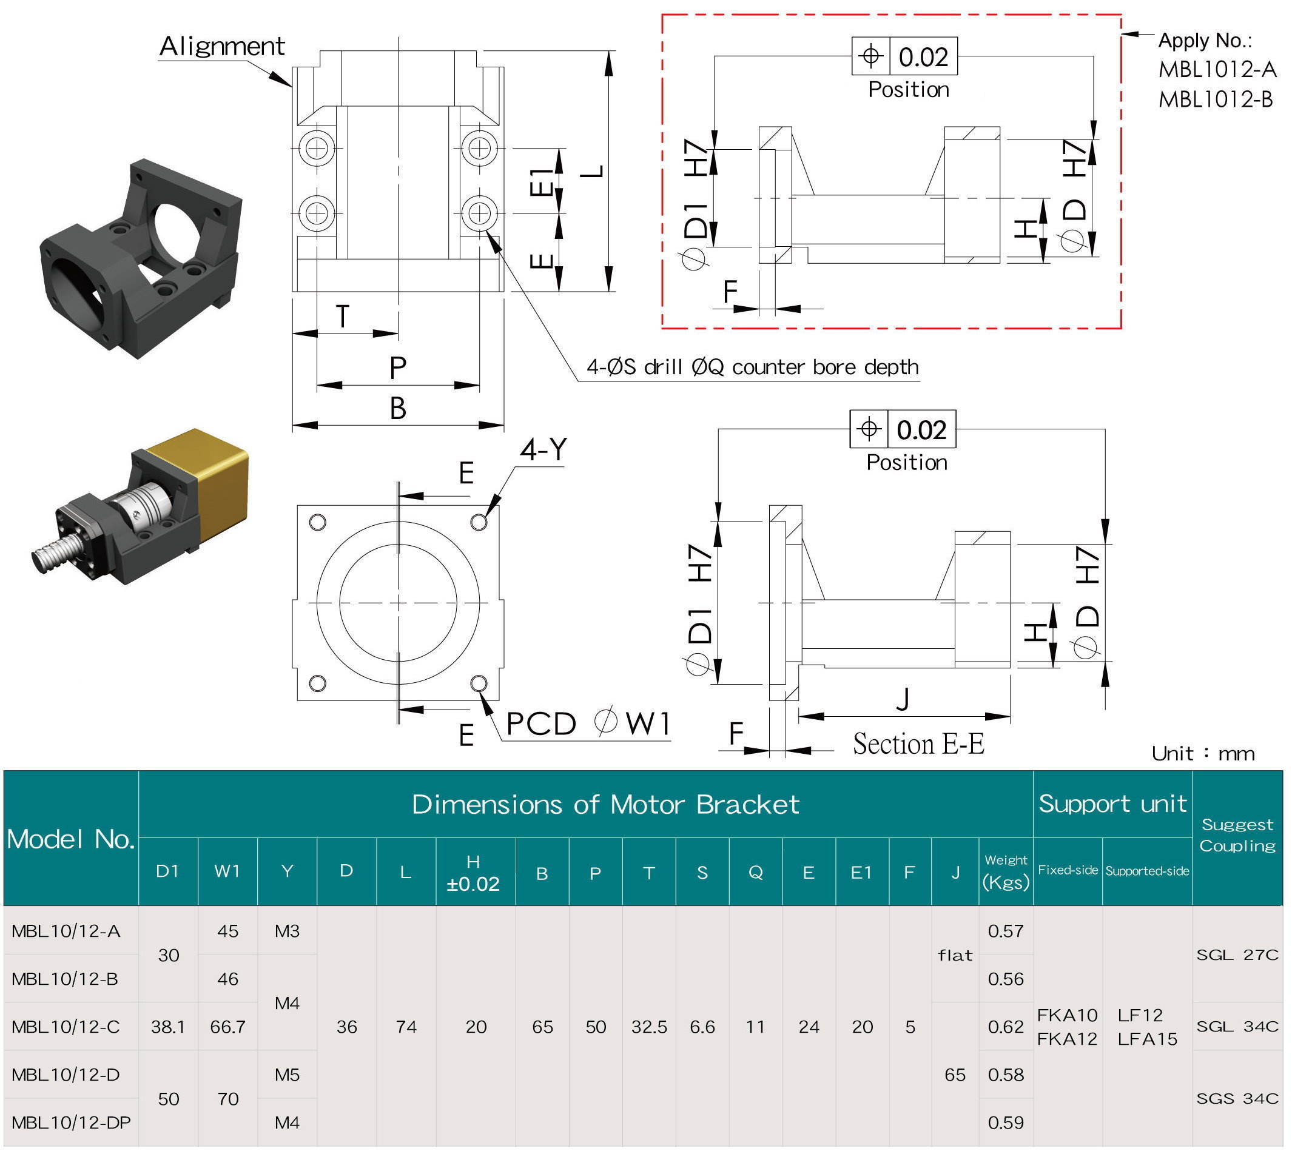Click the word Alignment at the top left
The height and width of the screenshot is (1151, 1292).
[x=221, y=46]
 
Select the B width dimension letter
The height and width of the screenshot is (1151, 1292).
[x=397, y=409]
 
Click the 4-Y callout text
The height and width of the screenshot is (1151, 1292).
[x=543, y=449]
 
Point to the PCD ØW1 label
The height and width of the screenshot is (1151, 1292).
[x=588, y=723]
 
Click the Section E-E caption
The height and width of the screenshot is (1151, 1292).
[x=918, y=743]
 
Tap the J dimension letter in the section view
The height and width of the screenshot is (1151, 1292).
[x=903, y=699]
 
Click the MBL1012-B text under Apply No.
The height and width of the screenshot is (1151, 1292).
[x=1215, y=99]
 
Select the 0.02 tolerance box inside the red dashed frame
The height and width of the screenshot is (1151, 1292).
[x=923, y=57]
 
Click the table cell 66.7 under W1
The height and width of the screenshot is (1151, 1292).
[x=227, y=1027]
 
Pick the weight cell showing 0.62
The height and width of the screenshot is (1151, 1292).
[x=1005, y=1027]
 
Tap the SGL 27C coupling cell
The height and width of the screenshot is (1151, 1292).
[x=1237, y=955]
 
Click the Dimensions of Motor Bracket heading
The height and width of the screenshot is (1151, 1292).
[x=605, y=805]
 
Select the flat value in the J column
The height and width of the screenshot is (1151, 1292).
[x=955, y=955]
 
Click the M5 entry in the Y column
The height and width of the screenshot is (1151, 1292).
[x=286, y=1075]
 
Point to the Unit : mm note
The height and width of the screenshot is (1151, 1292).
[x=1202, y=753]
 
